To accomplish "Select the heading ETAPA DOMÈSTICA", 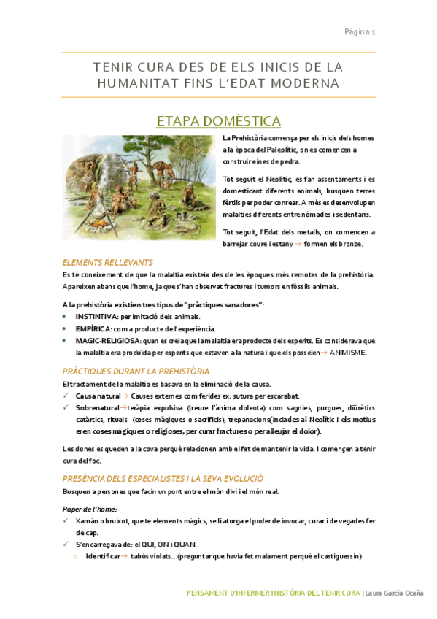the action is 219,120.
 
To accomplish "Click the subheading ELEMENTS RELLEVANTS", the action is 107,262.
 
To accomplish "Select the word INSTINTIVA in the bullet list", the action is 96,317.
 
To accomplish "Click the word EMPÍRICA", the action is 93,329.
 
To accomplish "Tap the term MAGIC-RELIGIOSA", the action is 107,341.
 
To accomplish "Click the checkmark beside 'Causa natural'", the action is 66,396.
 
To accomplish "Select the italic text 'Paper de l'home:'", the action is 90,508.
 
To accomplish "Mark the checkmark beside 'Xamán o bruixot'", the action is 66,520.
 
